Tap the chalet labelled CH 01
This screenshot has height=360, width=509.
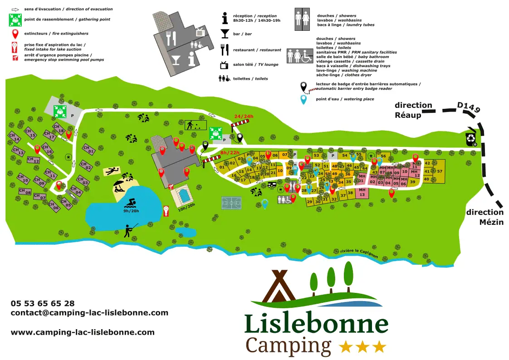pos(89,149)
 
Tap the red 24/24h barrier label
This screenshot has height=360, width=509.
pos(244,117)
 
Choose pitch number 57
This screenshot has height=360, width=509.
pos(439,171)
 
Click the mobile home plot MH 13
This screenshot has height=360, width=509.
pos(362,192)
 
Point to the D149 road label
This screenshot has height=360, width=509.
pos(468,107)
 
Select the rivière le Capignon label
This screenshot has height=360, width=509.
pos(359,253)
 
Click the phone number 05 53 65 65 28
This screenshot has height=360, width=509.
pos(43,303)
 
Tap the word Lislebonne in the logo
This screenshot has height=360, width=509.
pos(316,324)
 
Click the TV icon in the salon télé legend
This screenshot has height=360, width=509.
pos(224,65)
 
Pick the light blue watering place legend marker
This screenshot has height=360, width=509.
pos(303,99)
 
